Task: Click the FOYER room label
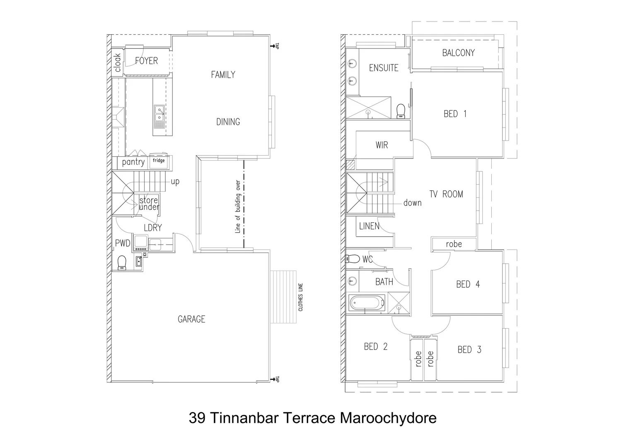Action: [x=146, y=61]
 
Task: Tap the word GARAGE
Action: [x=191, y=319]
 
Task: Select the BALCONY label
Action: [x=458, y=53]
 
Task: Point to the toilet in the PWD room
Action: [x=122, y=262]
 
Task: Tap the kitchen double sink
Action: [x=159, y=113]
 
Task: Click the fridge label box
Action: [x=159, y=161]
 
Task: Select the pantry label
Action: [x=133, y=162]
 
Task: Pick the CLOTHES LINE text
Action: [x=301, y=297]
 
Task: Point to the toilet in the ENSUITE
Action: [x=401, y=111]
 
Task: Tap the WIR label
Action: [x=382, y=145]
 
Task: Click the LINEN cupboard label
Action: [x=369, y=226]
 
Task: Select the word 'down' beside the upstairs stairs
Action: [x=412, y=203]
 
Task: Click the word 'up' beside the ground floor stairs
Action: [x=175, y=182]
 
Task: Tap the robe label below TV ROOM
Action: [x=454, y=244]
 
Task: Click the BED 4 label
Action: [x=468, y=284]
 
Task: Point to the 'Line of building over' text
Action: [x=238, y=207]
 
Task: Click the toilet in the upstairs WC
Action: [x=353, y=259]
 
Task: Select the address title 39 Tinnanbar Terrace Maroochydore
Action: [x=312, y=418]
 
